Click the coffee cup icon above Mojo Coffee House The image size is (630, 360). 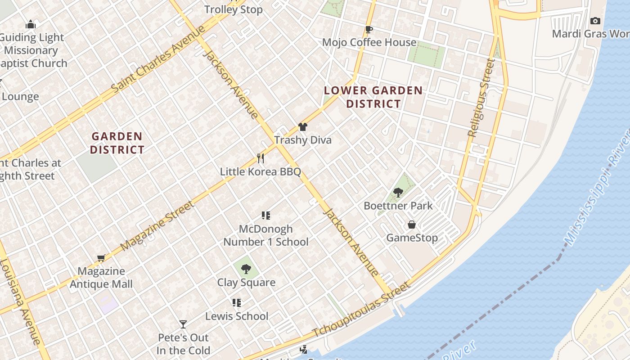[x=369, y=30]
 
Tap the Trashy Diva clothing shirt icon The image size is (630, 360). [x=303, y=127]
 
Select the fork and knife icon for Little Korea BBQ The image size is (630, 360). [x=260, y=158]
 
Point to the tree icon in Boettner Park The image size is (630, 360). [x=398, y=193]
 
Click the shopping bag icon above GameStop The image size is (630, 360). [x=411, y=225]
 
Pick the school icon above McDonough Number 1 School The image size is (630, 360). [x=266, y=216]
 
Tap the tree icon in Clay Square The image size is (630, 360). [x=246, y=269]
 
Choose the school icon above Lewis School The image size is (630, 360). [x=237, y=303]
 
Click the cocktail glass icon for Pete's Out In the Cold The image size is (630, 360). [x=183, y=324]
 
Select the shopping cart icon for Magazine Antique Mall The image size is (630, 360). [x=101, y=258]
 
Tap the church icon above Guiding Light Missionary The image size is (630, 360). [x=31, y=24]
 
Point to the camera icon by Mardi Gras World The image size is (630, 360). [x=595, y=21]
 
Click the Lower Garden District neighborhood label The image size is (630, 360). [x=373, y=97]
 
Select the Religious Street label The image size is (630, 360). [x=481, y=98]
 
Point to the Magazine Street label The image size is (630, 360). [x=157, y=226]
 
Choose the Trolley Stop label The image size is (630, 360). [x=233, y=9]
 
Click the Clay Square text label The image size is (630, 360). [x=246, y=283]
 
